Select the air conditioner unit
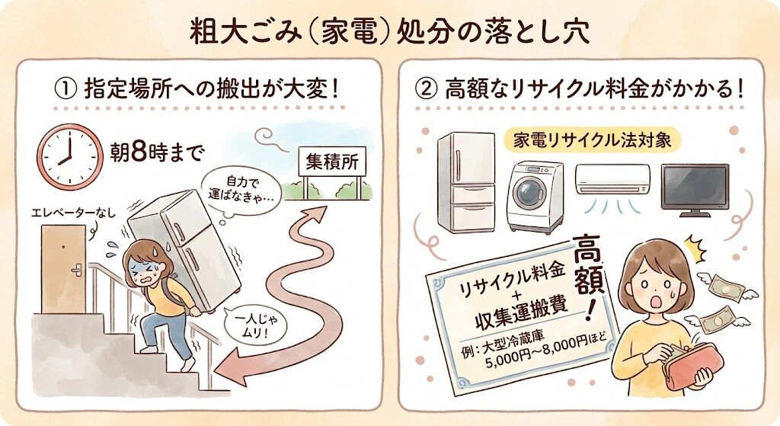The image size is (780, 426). (612, 179)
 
